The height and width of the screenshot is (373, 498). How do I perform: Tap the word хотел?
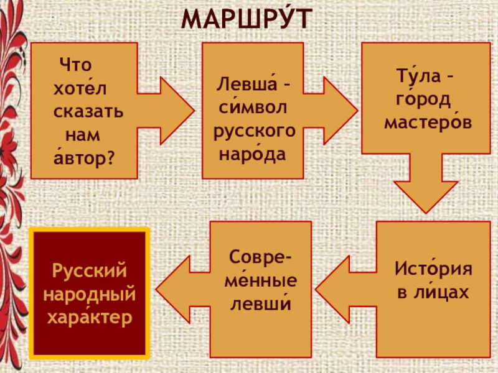pos(80,89)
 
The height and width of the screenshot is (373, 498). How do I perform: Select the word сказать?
pos(88,113)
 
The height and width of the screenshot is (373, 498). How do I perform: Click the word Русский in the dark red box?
pos(89,269)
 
